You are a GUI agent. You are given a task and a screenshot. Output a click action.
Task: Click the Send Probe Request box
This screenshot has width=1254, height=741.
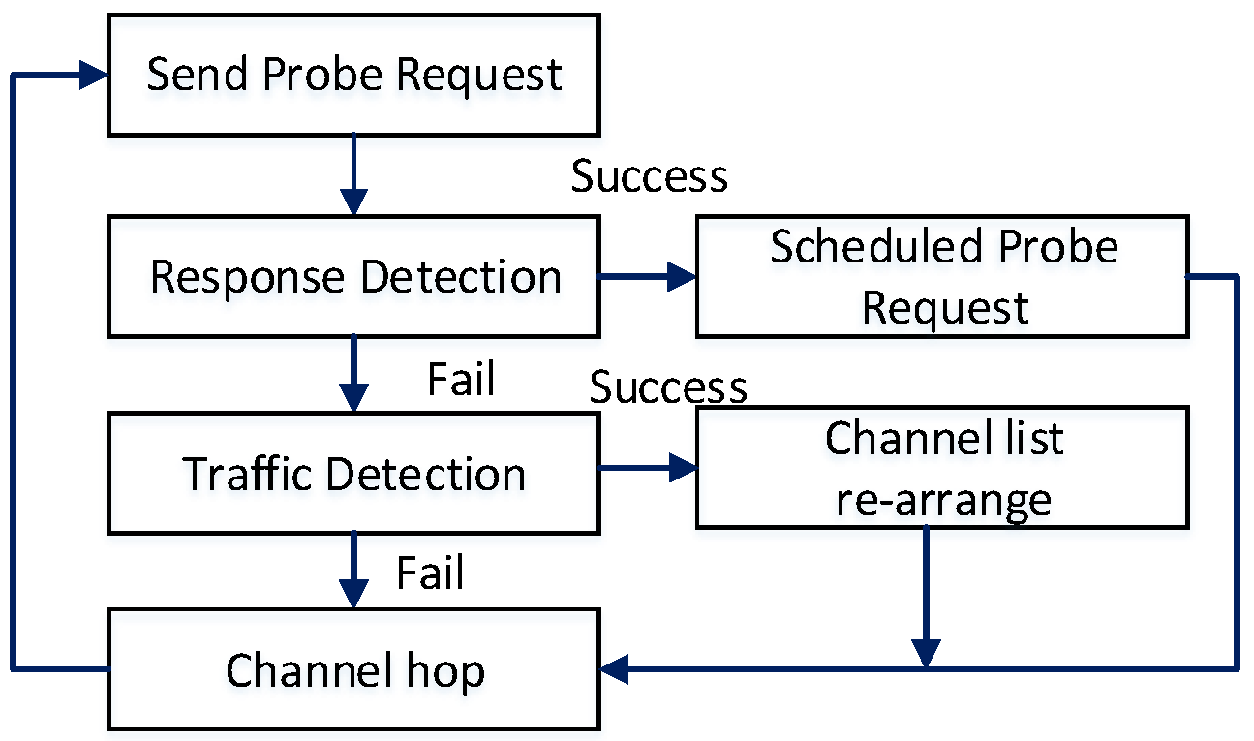tap(352, 76)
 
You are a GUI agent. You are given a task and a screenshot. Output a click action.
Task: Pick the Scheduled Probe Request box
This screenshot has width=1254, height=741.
tap(943, 277)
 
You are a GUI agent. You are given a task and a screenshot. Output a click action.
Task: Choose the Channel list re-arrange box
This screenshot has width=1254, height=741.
tap(943, 468)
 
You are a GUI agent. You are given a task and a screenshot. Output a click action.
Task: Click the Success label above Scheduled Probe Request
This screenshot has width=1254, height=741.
tap(649, 176)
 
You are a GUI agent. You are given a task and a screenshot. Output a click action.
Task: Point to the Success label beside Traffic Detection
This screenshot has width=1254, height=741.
tap(668, 387)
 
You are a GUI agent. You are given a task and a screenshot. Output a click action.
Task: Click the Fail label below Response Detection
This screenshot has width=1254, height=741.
tap(461, 379)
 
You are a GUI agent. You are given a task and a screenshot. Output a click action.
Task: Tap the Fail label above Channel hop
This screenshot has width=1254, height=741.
tap(430, 572)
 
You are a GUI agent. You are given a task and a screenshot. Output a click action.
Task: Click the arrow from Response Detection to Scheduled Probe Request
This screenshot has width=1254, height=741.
tap(647, 277)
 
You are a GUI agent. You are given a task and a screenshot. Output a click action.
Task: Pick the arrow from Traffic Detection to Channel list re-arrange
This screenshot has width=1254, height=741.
tap(647, 469)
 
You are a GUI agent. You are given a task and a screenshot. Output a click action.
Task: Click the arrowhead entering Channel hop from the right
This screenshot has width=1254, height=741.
tap(614, 667)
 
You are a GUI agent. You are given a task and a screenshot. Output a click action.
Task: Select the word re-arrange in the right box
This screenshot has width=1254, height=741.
tap(943, 500)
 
